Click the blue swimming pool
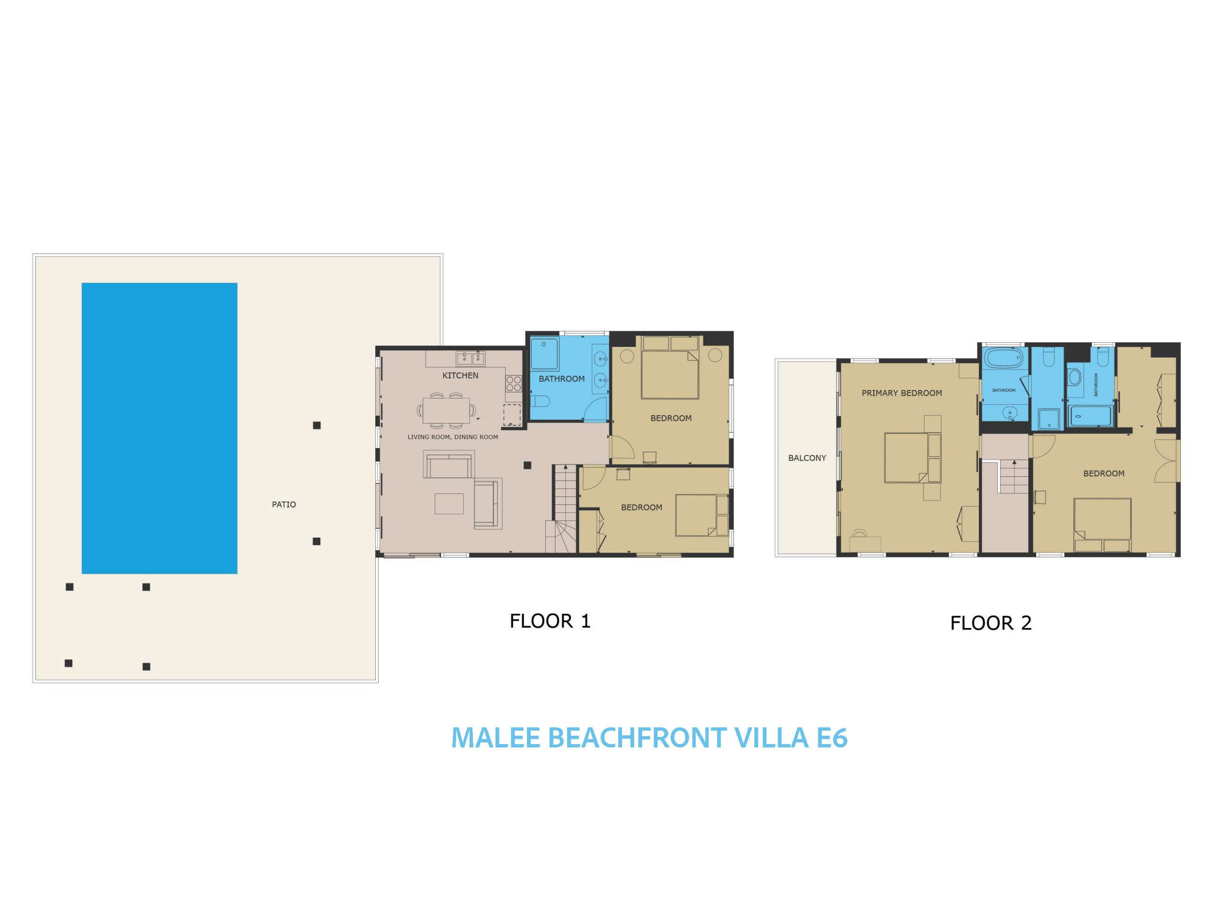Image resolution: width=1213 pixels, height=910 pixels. (159, 428)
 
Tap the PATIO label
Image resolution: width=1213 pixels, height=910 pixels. (284, 505)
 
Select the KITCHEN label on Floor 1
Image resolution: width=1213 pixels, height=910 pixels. (461, 376)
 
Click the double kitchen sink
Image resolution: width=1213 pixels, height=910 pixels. (471, 359)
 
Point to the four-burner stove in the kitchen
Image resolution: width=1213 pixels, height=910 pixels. (514, 383)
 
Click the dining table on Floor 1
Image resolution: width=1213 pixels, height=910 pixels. (446, 410)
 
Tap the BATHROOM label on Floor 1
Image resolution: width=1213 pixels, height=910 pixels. (561, 379)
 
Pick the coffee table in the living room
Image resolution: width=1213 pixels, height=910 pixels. (449, 503)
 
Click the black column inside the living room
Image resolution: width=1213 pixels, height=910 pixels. (527, 465)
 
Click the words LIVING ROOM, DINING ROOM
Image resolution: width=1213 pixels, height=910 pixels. (453, 437)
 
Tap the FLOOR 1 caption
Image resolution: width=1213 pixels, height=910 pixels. (550, 621)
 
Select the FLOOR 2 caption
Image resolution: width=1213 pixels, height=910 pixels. (991, 623)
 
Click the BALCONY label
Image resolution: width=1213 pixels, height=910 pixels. (807, 458)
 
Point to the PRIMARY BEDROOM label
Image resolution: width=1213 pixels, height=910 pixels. (902, 393)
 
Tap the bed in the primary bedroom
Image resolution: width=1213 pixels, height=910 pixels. (913, 458)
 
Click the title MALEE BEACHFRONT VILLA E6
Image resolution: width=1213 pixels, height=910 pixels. (649, 738)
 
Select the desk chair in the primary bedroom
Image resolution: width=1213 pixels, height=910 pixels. (859, 533)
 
